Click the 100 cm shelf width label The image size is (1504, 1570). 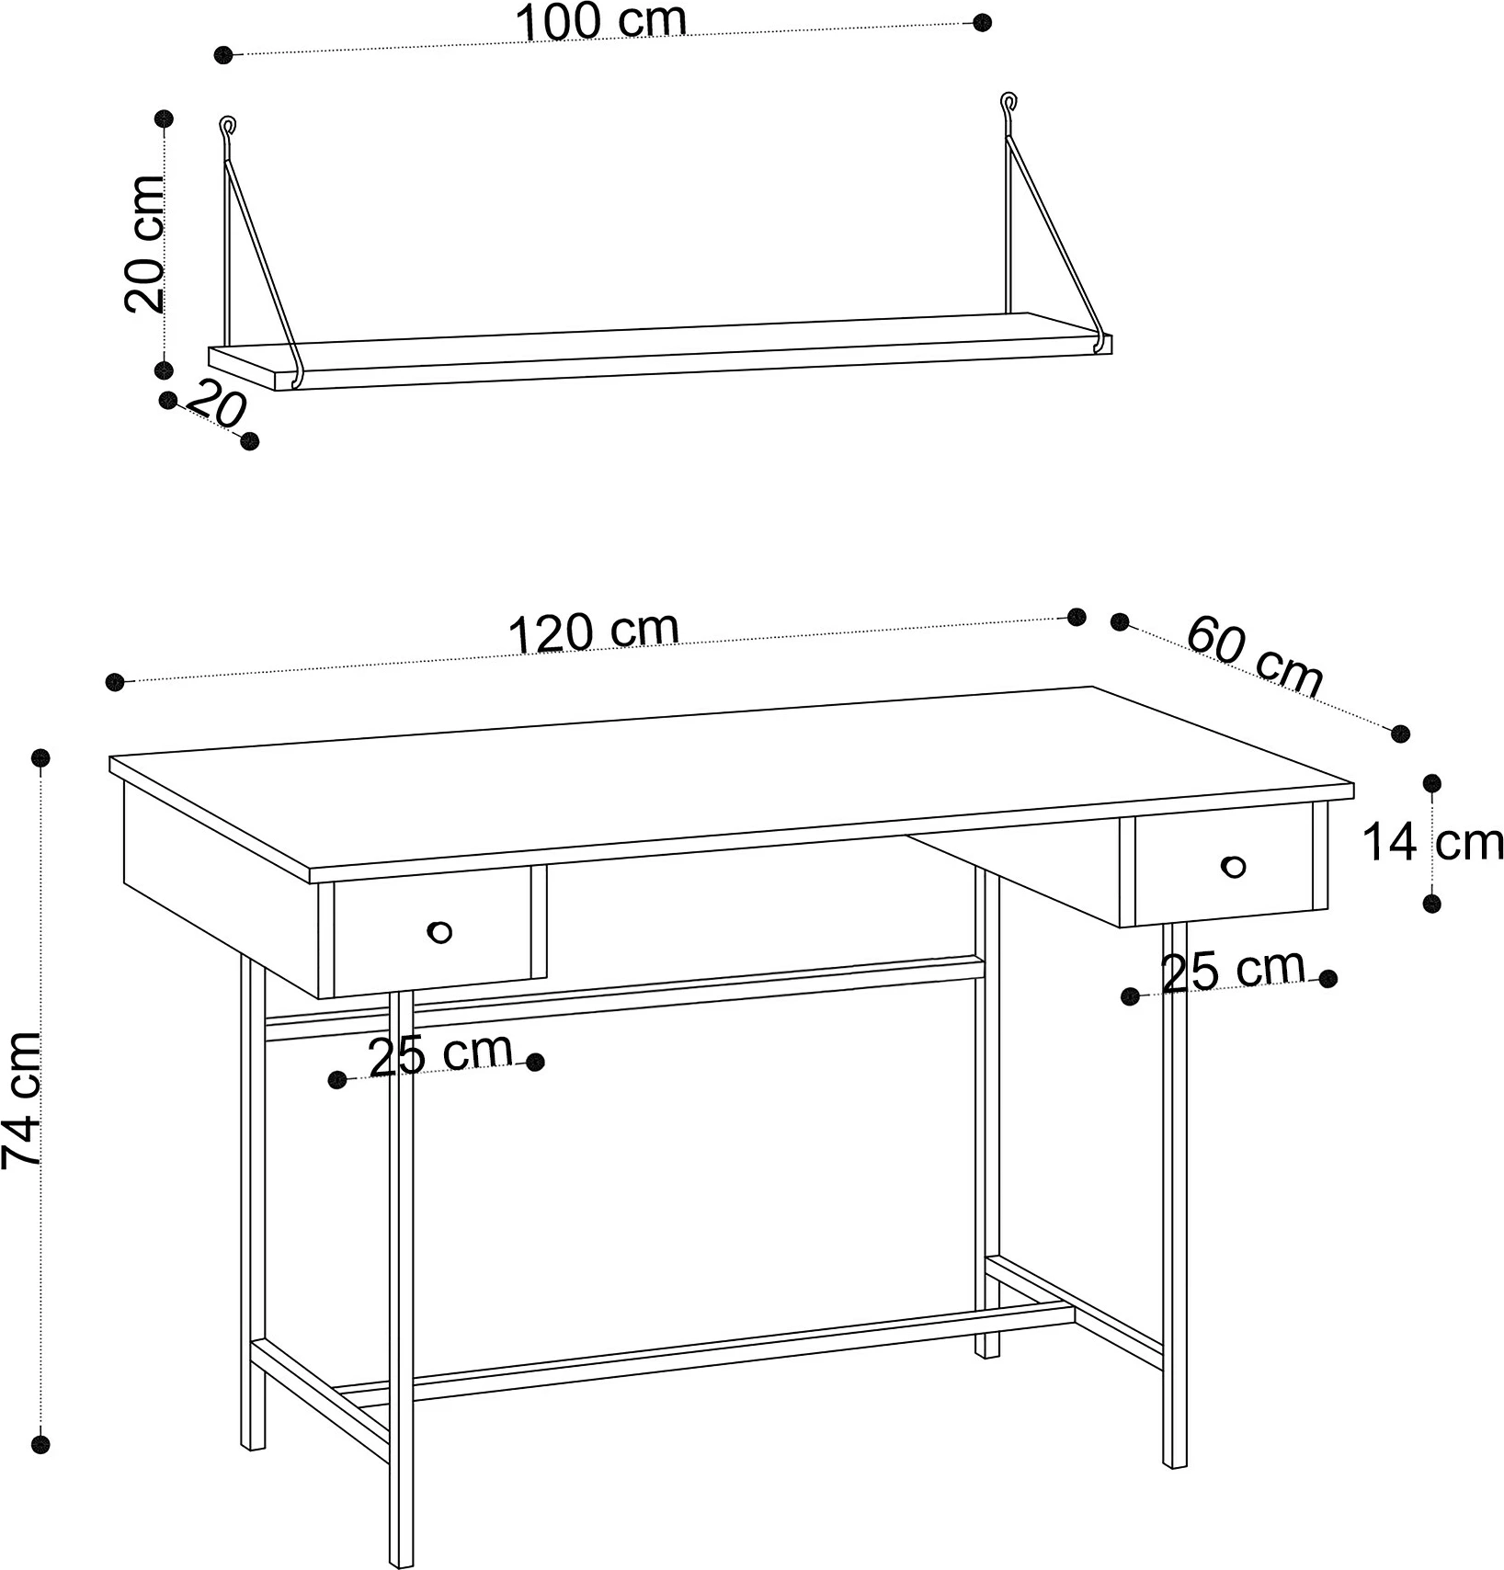tap(602, 21)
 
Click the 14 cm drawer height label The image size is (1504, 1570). tap(1432, 842)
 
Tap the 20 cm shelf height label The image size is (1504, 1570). tap(145, 243)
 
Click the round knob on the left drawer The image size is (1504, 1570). tap(439, 932)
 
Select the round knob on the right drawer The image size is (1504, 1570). tap(1234, 866)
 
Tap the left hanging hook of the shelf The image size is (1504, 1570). tap(227, 130)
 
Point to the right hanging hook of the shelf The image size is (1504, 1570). tap(1009, 106)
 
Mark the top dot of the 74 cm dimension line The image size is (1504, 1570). tap(40, 757)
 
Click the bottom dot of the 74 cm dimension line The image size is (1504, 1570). tap(40, 1468)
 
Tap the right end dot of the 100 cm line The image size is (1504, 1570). tap(983, 22)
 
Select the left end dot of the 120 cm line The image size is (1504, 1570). tap(115, 681)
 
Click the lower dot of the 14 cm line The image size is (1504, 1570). tap(1431, 904)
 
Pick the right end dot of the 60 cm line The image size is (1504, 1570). tap(1400, 733)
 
